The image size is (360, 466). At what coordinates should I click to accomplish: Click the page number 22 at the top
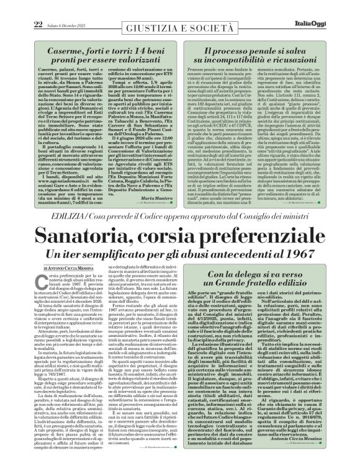tap(20, 6)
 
